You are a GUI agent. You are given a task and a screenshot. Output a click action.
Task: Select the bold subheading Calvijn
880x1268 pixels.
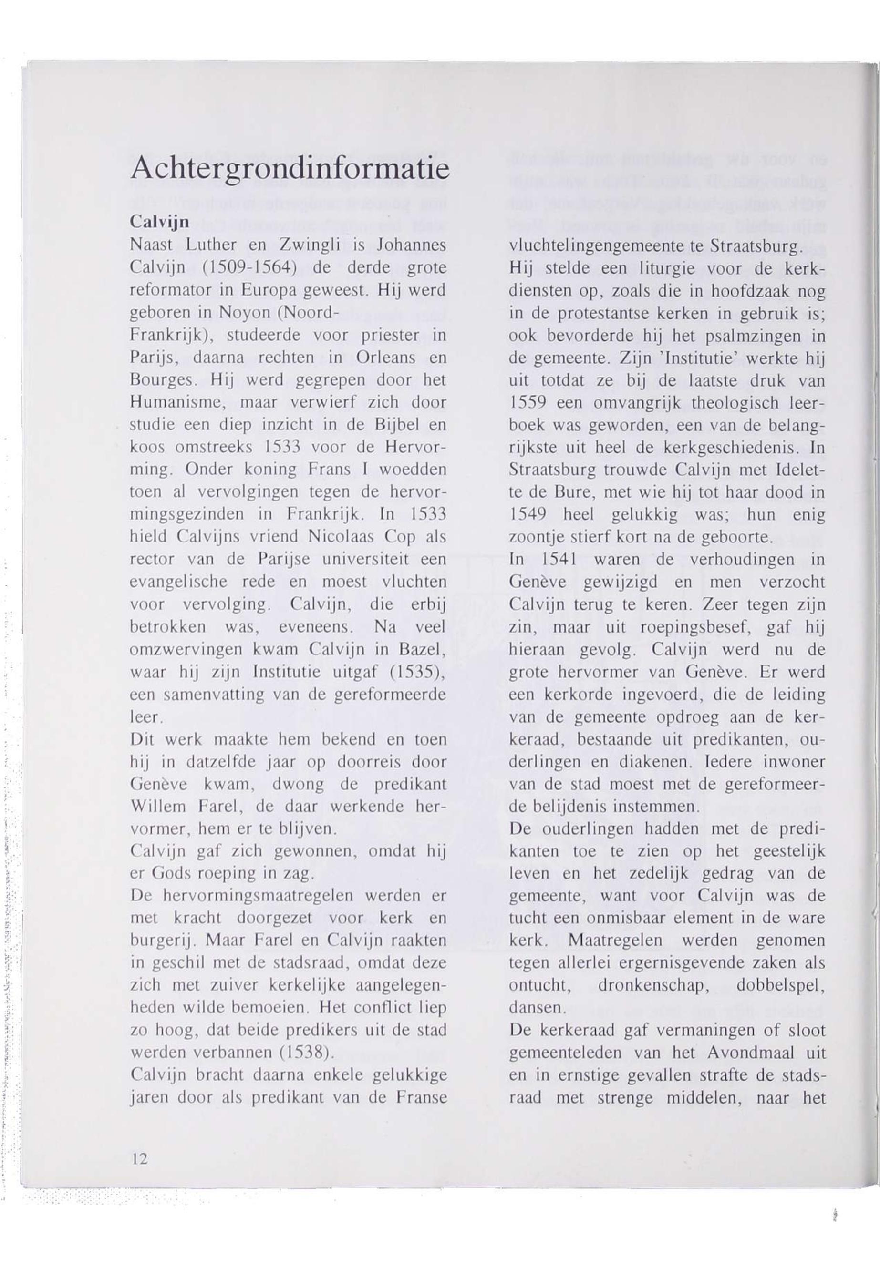[160, 222]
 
